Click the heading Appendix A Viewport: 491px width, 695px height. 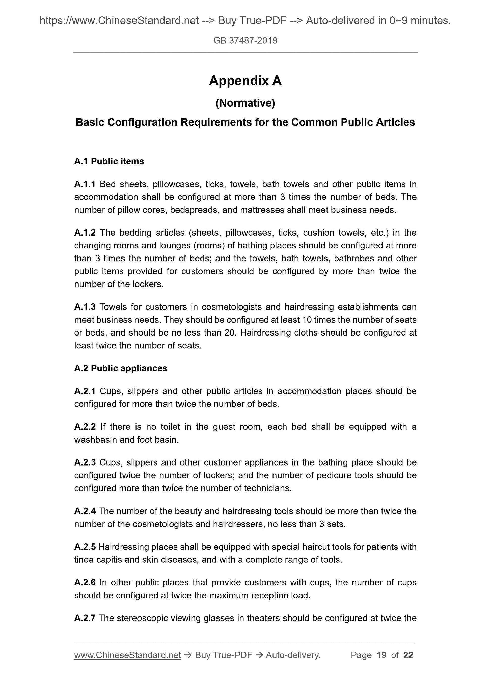(245, 81)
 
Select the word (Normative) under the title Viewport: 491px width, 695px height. (245, 103)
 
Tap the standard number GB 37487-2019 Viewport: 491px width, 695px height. (245, 41)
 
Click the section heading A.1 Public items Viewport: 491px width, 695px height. (109, 161)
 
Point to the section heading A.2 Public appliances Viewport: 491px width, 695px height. (120, 368)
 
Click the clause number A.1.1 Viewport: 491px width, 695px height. (85, 184)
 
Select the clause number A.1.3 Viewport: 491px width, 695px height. (85, 307)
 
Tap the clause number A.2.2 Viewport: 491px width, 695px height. (85, 427)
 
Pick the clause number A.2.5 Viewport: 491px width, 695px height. (85, 547)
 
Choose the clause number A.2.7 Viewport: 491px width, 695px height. (85, 618)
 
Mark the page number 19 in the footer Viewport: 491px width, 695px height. (381, 655)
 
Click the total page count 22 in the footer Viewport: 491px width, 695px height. (408, 655)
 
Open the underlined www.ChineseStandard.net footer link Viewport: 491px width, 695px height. (127, 655)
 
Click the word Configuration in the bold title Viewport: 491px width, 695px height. (142, 123)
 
